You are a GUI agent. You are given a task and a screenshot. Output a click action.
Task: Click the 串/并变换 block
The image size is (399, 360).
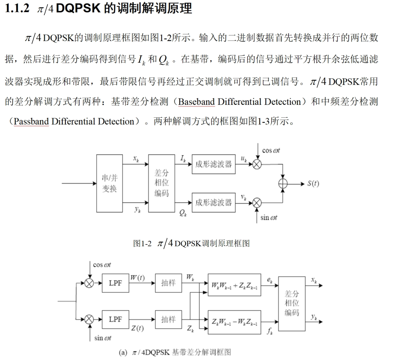109,183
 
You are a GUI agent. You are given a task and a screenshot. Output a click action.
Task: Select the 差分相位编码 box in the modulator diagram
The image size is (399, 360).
161,183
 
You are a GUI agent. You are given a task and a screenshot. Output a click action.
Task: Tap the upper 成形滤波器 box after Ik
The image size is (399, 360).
214,164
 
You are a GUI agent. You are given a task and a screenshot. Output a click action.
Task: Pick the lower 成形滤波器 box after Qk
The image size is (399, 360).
214,202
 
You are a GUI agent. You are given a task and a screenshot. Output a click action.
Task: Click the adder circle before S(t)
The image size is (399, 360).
283,184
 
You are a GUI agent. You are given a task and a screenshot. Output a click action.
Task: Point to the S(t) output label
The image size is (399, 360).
313,184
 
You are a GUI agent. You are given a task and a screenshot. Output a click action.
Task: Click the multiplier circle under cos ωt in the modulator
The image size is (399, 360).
257,164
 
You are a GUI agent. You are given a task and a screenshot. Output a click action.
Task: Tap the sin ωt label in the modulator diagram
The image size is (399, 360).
269,217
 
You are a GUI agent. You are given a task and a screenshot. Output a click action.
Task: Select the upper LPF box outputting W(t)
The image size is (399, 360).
115,283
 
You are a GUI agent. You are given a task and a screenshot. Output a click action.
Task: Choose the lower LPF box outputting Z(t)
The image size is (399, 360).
115,319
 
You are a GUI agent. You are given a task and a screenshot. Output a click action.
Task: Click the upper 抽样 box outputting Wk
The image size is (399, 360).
168,283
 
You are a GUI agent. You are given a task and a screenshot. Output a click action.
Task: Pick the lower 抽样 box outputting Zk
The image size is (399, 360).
168,319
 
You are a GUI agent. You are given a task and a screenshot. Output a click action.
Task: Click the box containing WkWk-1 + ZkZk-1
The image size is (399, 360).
234,285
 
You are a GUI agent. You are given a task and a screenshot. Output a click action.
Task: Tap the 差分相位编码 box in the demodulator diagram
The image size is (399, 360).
292,304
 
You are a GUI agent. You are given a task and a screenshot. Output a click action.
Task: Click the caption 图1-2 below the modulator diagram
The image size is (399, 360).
142,243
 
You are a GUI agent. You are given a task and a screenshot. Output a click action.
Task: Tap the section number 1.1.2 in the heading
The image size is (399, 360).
17,9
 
